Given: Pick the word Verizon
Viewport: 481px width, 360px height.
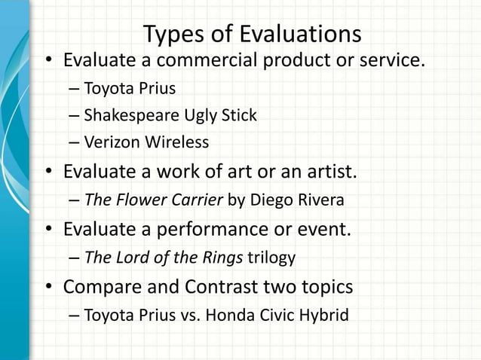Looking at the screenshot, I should pyautogui.click(x=109, y=142).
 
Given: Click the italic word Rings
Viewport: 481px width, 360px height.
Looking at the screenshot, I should pyautogui.click(x=222, y=258).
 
